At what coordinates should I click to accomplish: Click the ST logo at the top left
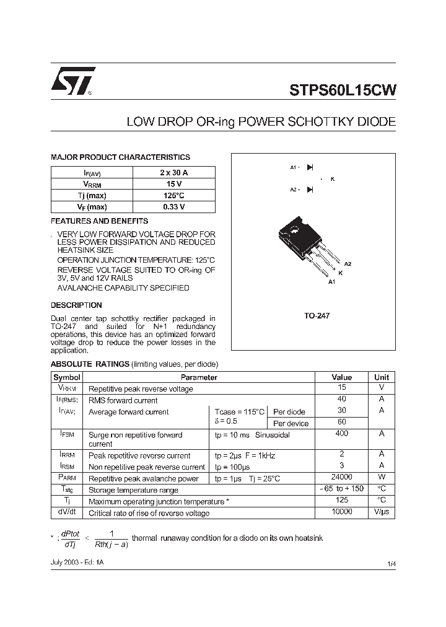pyautogui.click(x=73, y=81)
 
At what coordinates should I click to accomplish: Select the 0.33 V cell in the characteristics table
pyautogui.click(x=173, y=207)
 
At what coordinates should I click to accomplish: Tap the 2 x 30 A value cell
pyautogui.click(x=173, y=173)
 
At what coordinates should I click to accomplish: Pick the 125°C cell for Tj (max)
pyautogui.click(x=173, y=196)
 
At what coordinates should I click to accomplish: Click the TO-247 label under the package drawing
pyautogui.click(x=317, y=316)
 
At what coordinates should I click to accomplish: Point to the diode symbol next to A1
pyautogui.click(x=310, y=167)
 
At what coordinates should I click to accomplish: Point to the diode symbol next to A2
pyautogui.click(x=310, y=190)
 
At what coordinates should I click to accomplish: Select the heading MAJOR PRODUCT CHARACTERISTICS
pyautogui.click(x=120, y=157)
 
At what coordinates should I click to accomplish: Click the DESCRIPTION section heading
pyautogui.click(x=76, y=305)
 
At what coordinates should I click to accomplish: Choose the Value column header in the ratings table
pyautogui.click(x=341, y=377)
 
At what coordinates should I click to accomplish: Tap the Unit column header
pyautogui.click(x=382, y=377)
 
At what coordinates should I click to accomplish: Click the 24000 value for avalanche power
pyautogui.click(x=341, y=478)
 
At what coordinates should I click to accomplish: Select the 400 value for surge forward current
pyautogui.click(x=341, y=434)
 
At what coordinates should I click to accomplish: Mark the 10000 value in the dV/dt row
pyautogui.click(x=341, y=512)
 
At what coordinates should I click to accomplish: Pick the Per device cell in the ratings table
pyautogui.click(x=291, y=424)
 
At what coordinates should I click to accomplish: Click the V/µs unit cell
pyautogui.click(x=382, y=513)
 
